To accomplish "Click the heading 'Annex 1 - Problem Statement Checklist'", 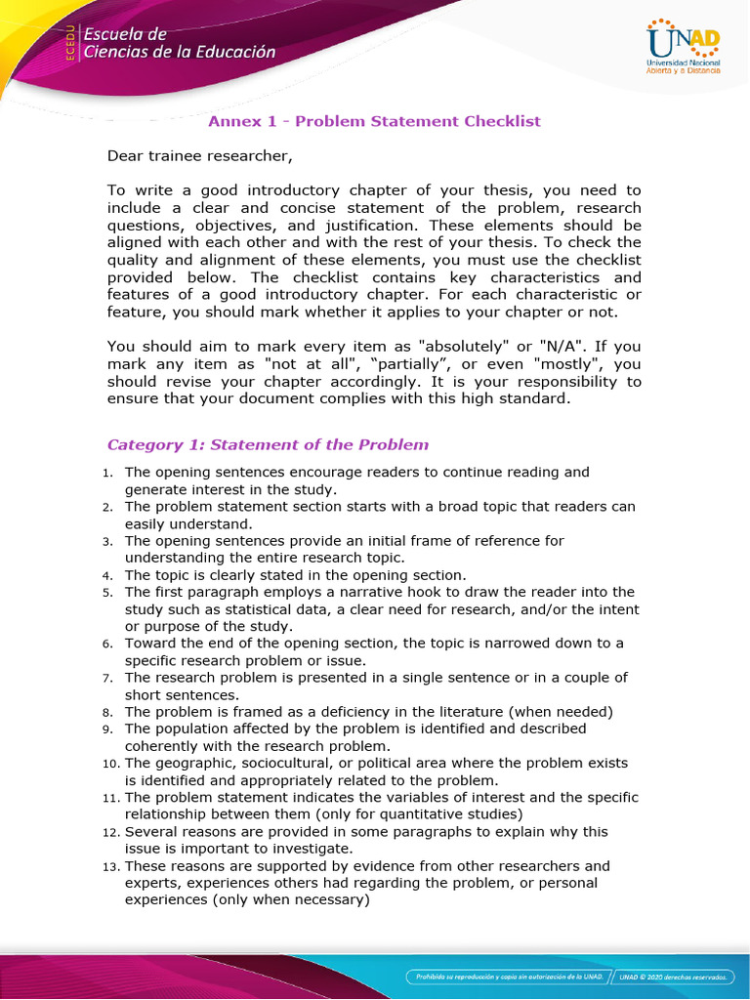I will [375, 121].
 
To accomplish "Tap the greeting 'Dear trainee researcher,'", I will [199, 155].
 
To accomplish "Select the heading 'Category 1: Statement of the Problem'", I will [268, 444].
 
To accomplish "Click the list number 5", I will [108, 593].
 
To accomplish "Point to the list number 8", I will [108, 712].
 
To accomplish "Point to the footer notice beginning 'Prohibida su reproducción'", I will [508, 976].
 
